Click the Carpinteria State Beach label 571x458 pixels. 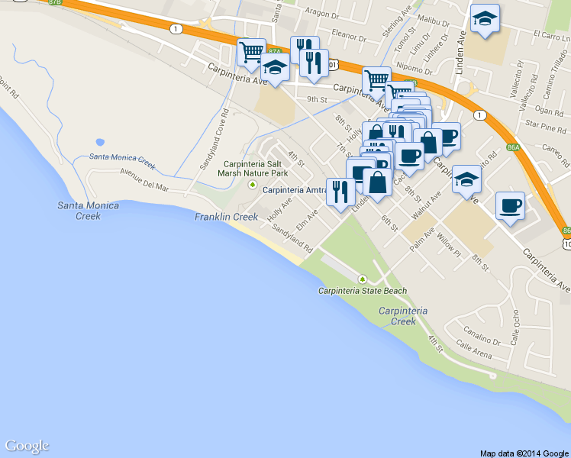click(363, 291)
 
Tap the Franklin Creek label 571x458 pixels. click(226, 217)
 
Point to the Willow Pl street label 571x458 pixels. click(449, 245)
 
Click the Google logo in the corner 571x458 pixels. click(27, 446)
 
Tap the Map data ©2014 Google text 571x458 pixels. click(524, 453)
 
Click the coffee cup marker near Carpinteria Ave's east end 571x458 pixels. click(510, 205)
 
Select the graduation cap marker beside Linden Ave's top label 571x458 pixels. click(484, 18)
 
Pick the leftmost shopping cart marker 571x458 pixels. click(251, 51)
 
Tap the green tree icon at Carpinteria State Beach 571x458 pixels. click(363, 279)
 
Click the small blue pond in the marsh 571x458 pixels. click(99, 142)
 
